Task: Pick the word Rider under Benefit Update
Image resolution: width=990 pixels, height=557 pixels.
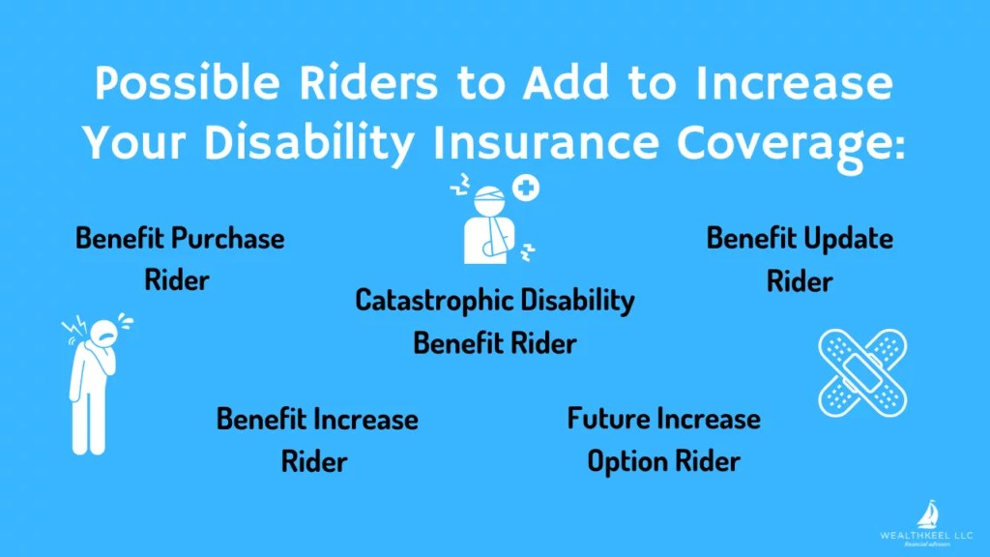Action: [800, 281]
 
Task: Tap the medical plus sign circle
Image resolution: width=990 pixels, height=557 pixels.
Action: [527, 186]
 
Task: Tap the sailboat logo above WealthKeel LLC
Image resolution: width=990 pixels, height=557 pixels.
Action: [925, 513]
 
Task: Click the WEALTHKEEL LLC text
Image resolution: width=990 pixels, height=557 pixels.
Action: [925, 533]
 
